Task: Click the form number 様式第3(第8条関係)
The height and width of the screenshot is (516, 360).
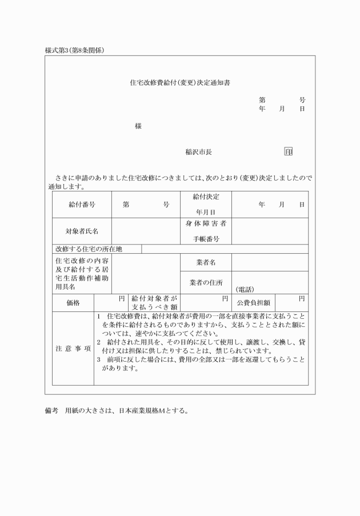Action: tap(74, 50)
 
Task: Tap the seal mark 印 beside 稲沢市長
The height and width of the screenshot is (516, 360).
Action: tap(288, 152)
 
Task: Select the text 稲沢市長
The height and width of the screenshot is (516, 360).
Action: tap(198, 152)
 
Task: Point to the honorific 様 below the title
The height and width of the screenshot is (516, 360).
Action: tap(138, 126)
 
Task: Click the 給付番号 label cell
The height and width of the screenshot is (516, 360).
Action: tap(82, 204)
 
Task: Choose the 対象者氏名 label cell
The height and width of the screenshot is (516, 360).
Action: tap(82, 231)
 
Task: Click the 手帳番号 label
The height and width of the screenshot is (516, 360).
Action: tap(206, 238)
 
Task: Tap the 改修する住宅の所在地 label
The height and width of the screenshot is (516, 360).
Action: tap(89, 249)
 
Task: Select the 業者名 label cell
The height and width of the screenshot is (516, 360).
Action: tap(206, 262)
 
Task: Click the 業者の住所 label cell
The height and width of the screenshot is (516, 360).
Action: tap(206, 282)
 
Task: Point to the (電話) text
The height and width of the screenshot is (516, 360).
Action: tap(245, 289)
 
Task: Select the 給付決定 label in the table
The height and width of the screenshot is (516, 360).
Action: tap(206, 197)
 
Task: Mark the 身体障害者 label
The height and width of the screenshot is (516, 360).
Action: tap(206, 223)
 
